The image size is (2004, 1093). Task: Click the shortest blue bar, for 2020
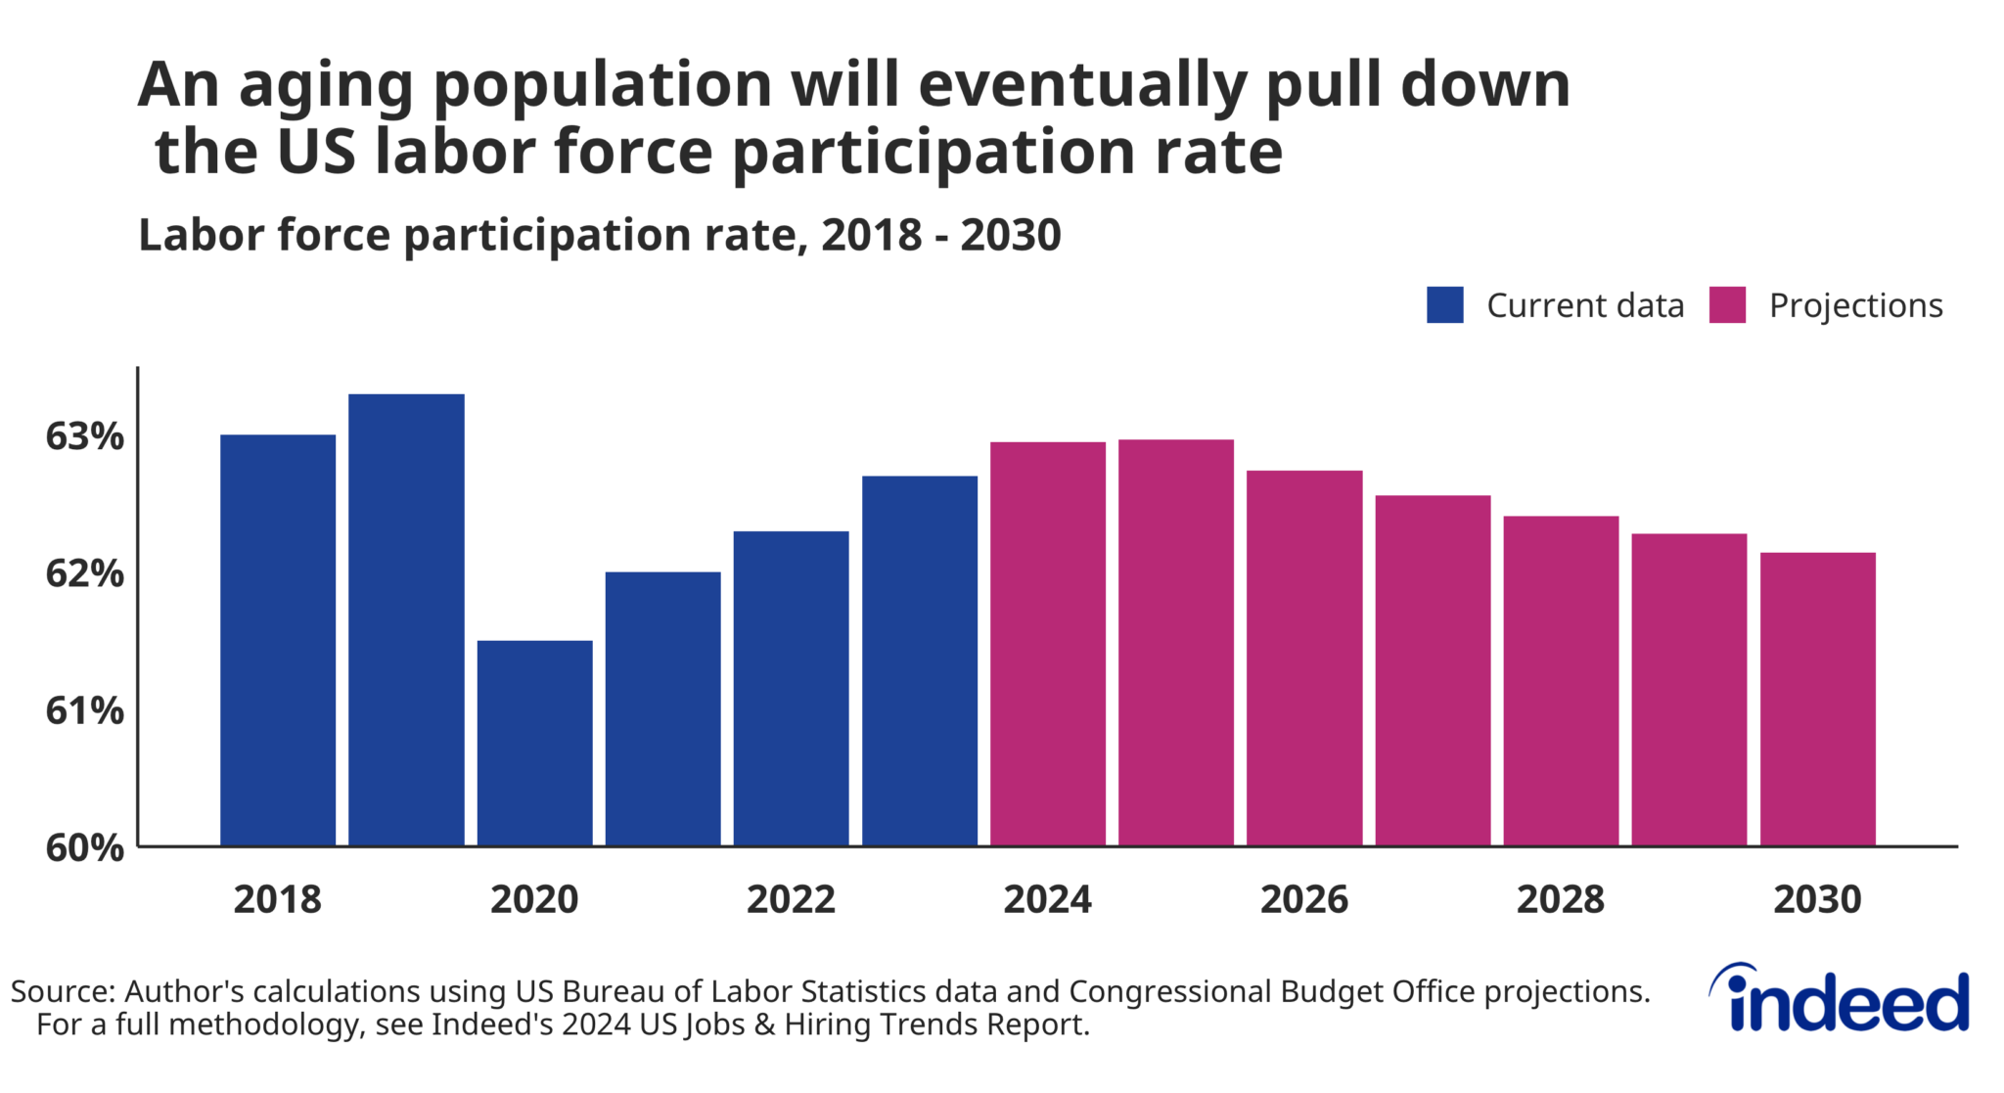(x=534, y=743)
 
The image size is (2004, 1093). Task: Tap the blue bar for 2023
(x=919, y=660)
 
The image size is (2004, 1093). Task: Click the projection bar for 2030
(x=1817, y=699)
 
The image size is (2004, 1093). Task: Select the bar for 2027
(x=1433, y=670)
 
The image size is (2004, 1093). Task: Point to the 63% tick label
(x=85, y=436)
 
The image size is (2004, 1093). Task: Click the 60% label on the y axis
(x=85, y=847)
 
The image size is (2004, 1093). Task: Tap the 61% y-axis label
(x=85, y=710)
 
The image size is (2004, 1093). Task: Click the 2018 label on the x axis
(x=277, y=899)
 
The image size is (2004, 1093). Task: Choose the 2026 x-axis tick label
(x=1303, y=899)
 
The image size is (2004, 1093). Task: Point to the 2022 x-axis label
(x=791, y=899)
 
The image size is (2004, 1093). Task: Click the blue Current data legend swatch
(x=1444, y=305)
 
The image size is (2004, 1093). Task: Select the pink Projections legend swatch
(x=1727, y=305)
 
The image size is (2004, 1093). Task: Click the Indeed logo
(x=1840, y=999)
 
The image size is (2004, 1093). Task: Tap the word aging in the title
(x=327, y=86)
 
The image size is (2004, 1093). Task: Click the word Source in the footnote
(x=62, y=991)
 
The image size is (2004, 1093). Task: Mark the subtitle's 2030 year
(x=1010, y=235)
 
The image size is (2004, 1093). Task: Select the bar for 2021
(x=662, y=708)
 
